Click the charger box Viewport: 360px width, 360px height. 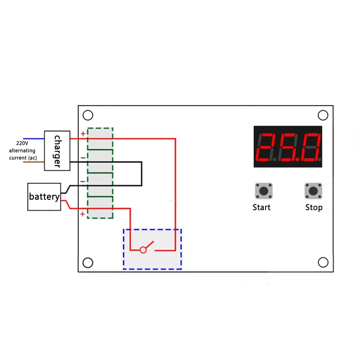point(57,151)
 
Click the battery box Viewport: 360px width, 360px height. point(44,197)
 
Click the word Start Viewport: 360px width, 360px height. point(261,207)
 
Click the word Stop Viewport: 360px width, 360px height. point(314,207)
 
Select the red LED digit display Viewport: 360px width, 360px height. point(288,147)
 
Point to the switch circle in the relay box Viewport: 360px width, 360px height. point(143,249)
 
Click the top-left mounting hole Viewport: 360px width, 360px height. point(88,115)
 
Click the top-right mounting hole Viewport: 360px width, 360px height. point(323,115)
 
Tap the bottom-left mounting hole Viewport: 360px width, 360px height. point(88,262)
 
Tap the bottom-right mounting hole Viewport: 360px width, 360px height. point(323,262)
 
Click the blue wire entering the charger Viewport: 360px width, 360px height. point(33,139)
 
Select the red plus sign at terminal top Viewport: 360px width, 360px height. point(83,134)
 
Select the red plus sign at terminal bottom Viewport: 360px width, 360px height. point(83,214)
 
